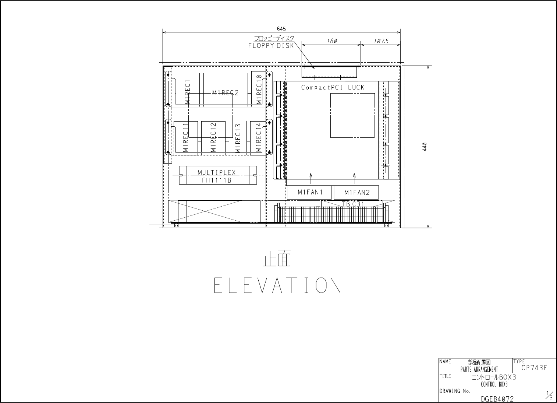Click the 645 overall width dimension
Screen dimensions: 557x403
pyautogui.click(x=281, y=29)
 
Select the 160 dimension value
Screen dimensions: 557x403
pyautogui.click(x=332, y=41)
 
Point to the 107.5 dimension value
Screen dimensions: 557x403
pyautogui.click(x=381, y=41)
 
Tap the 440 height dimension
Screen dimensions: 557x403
pyautogui.click(x=425, y=147)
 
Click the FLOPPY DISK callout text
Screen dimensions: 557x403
pyautogui.click(x=271, y=46)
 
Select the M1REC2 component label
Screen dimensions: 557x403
pyautogui.click(x=225, y=93)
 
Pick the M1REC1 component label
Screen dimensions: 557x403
pyautogui.click(x=188, y=92)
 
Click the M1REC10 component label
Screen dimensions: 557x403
pyautogui.click(x=259, y=90)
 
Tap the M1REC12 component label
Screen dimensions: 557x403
pyautogui.click(x=213, y=137)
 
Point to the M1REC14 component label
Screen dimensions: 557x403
pyautogui.click(x=259, y=137)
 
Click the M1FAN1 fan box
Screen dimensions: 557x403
pyautogui.click(x=309, y=192)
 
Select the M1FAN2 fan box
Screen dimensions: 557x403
pyautogui.click(x=356, y=192)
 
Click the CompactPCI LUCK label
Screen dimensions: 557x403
pyautogui.click(x=333, y=87)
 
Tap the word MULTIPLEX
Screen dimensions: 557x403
pyautogui.click(x=217, y=172)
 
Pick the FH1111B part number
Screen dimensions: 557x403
pyautogui.click(x=217, y=180)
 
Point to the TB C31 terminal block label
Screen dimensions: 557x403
pyautogui.click(x=353, y=204)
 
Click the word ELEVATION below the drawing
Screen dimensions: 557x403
pyautogui.click(x=277, y=285)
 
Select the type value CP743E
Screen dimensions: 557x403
pyautogui.click(x=534, y=368)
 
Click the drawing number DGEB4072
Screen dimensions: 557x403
pyautogui.click(x=497, y=399)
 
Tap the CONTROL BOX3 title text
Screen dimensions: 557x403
pyautogui.click(x=494, y=384)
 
